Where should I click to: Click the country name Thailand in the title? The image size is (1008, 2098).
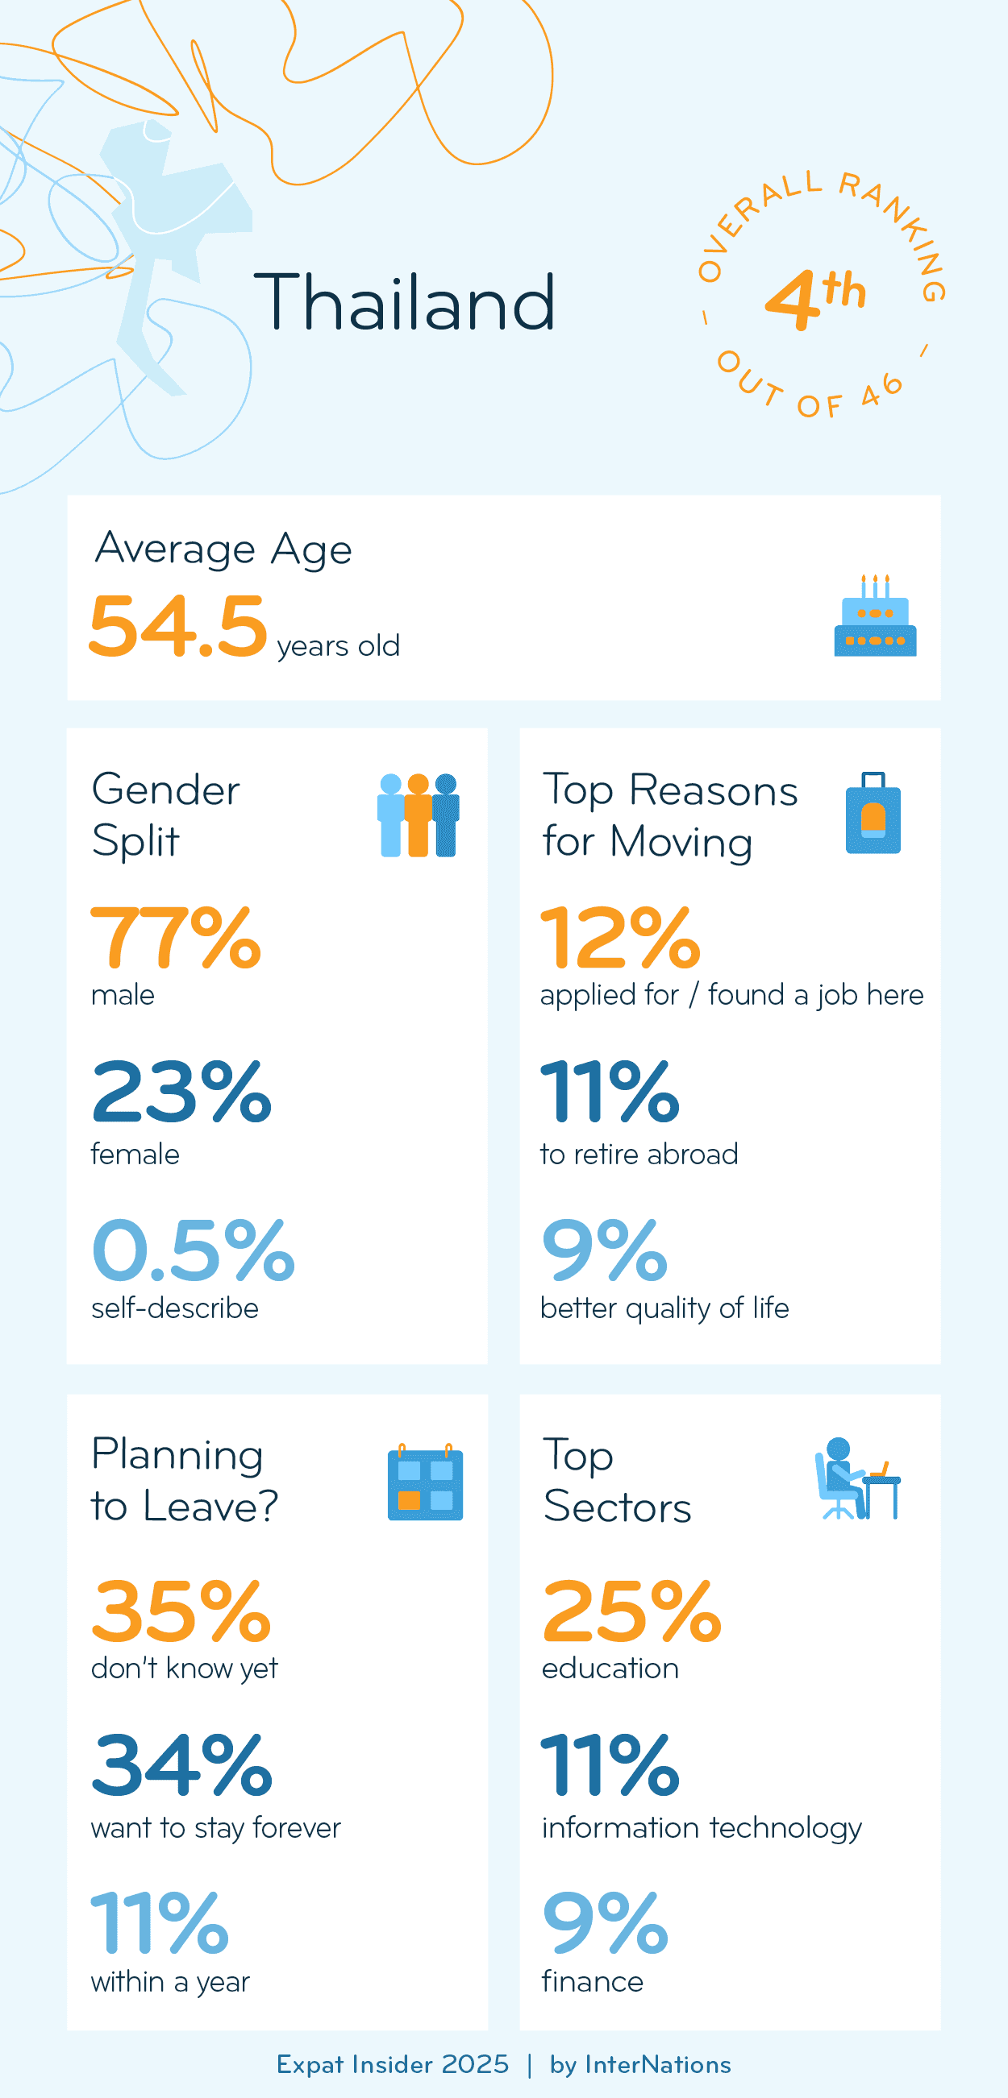405,303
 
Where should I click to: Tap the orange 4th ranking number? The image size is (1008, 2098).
813,298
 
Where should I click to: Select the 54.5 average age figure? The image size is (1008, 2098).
178,626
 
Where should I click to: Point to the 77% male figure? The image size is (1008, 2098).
176,939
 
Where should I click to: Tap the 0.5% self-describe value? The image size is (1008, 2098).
193,1250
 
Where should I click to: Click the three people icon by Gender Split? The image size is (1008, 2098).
418,815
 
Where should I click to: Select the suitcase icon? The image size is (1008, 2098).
873,814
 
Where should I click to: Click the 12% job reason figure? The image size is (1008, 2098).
620,939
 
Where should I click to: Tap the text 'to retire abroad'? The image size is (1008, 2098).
639,1154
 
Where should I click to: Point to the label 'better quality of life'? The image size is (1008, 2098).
664,1308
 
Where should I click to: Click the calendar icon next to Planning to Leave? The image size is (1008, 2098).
424,1482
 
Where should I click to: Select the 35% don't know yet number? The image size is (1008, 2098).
181,1611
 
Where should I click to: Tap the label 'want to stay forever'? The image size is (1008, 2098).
216,1827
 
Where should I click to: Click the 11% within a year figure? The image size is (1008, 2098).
160,1923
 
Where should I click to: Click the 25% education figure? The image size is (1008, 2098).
631,1611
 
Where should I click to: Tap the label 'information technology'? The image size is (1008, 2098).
702,1827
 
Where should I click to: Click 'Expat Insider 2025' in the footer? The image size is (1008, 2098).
392,2065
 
